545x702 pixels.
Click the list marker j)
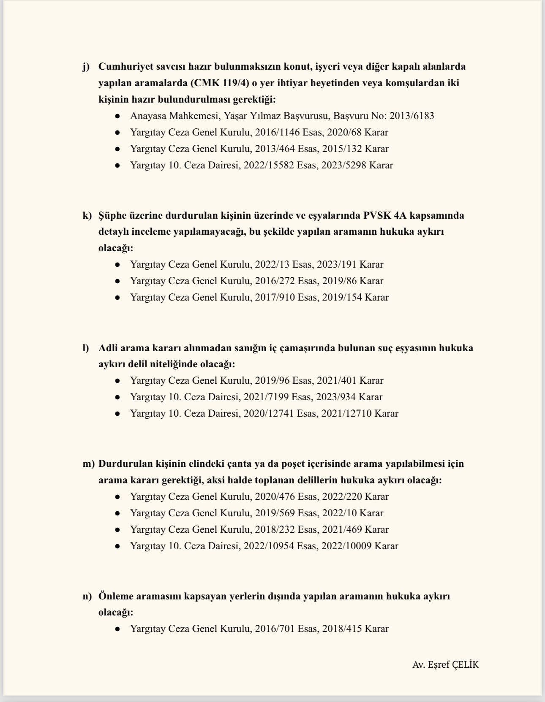click(86, 67)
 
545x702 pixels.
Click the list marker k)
click(87, 215)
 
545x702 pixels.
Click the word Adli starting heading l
click(108, 348)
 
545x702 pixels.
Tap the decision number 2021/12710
click(346, 413)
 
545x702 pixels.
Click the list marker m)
click(88, 463)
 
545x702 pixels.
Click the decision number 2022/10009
click(346, 546)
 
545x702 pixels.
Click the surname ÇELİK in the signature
click(465, 665)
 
